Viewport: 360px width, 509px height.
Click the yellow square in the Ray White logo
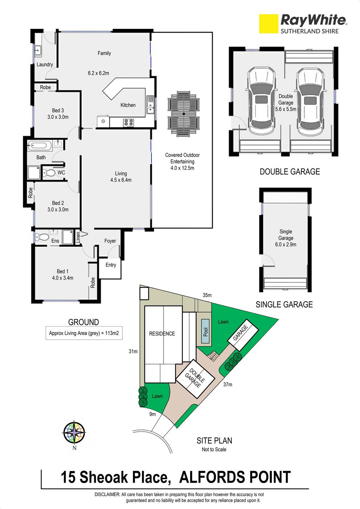pos(269,24)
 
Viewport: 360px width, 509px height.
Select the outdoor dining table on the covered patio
pos(184,114)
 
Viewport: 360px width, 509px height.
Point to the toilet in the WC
pos(49,173)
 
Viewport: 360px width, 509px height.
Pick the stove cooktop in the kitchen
pos(128,123)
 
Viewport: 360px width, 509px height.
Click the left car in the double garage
pos(261,101)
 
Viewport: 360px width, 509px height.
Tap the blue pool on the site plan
pos(205,331)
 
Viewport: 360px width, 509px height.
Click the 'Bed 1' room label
pos(63,271)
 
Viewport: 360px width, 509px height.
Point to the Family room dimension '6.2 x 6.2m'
pos(98,73)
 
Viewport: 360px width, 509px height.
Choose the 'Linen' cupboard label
pos(78,238)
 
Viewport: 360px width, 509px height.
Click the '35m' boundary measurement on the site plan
pos(207,295)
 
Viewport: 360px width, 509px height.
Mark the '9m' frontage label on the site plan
pos(153,414)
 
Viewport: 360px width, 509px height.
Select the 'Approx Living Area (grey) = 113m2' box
pos(84,333)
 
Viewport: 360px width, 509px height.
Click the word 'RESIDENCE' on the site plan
pos(162,334)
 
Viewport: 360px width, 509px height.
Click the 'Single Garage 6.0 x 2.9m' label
pos(286,238)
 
